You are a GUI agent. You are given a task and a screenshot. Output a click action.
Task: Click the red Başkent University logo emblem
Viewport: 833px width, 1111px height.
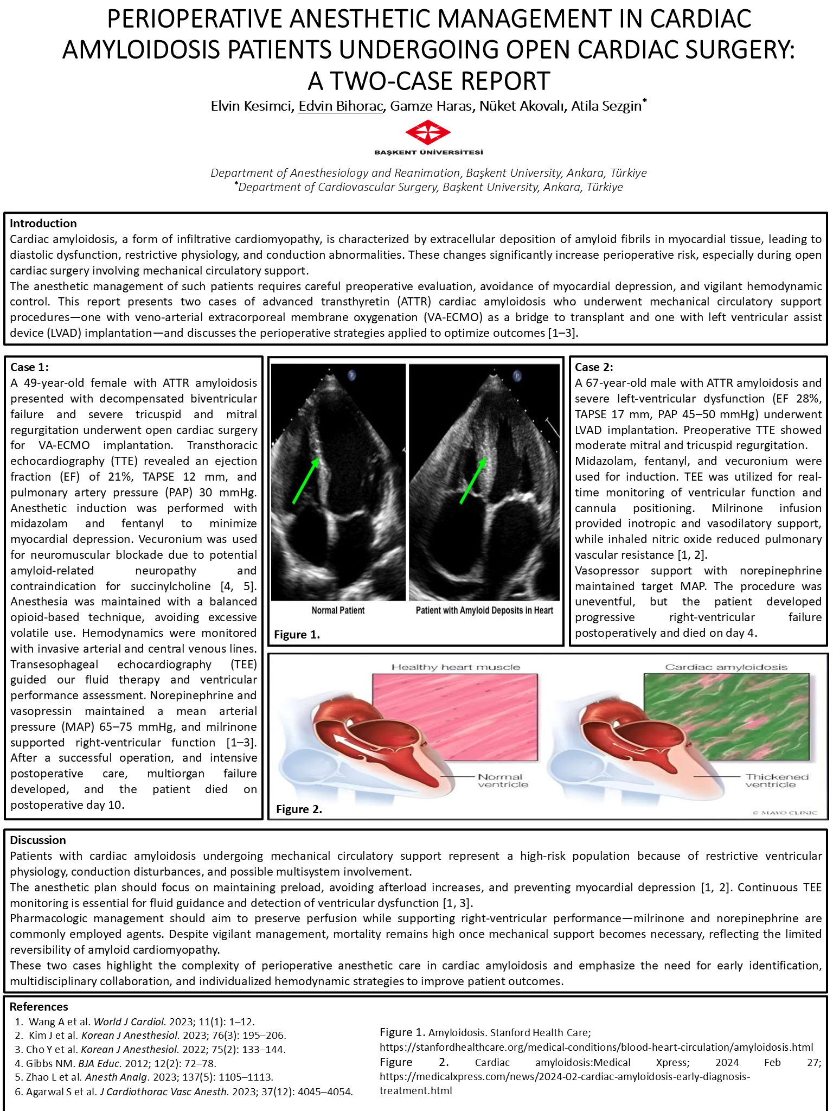click(x=428, y=132)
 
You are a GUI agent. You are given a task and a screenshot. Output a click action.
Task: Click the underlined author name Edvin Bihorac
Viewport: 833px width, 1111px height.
click(x=341, y=106)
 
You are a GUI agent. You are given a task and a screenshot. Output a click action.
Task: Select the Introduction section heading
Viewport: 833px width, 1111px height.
click(x=43, y=224)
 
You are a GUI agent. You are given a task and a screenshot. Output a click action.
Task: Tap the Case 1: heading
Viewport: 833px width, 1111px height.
click(x=29, y=367)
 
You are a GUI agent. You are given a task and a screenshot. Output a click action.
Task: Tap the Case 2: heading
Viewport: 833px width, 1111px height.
click(x=594, y=367)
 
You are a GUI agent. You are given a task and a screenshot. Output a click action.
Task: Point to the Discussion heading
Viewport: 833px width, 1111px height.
click(x=38, y=840)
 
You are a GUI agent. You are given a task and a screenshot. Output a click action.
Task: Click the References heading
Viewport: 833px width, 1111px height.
click(x=39, y=1007)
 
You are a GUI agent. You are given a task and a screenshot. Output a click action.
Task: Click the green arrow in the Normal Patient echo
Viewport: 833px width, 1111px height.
click(x=305, y=481)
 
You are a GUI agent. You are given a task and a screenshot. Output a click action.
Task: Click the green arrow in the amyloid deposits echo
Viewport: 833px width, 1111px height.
click(x=473, y=481)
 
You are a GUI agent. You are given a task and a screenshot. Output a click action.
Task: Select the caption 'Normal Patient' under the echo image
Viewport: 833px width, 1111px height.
click(x=338, y=610)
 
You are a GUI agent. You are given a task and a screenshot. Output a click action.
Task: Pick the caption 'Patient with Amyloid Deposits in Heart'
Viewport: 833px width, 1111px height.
click(x=484, y=610)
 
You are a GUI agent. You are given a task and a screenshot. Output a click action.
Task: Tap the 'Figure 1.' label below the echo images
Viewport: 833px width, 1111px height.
click(x=297, y=635)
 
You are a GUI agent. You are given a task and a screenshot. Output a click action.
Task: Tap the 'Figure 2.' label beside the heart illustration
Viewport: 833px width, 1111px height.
click(x=299, y=809)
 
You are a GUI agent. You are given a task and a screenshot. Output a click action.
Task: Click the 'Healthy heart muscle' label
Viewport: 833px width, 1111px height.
click(x=456, y=667)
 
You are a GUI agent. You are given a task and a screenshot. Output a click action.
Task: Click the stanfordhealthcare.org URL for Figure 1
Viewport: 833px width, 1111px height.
click(x=596, y=1047)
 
